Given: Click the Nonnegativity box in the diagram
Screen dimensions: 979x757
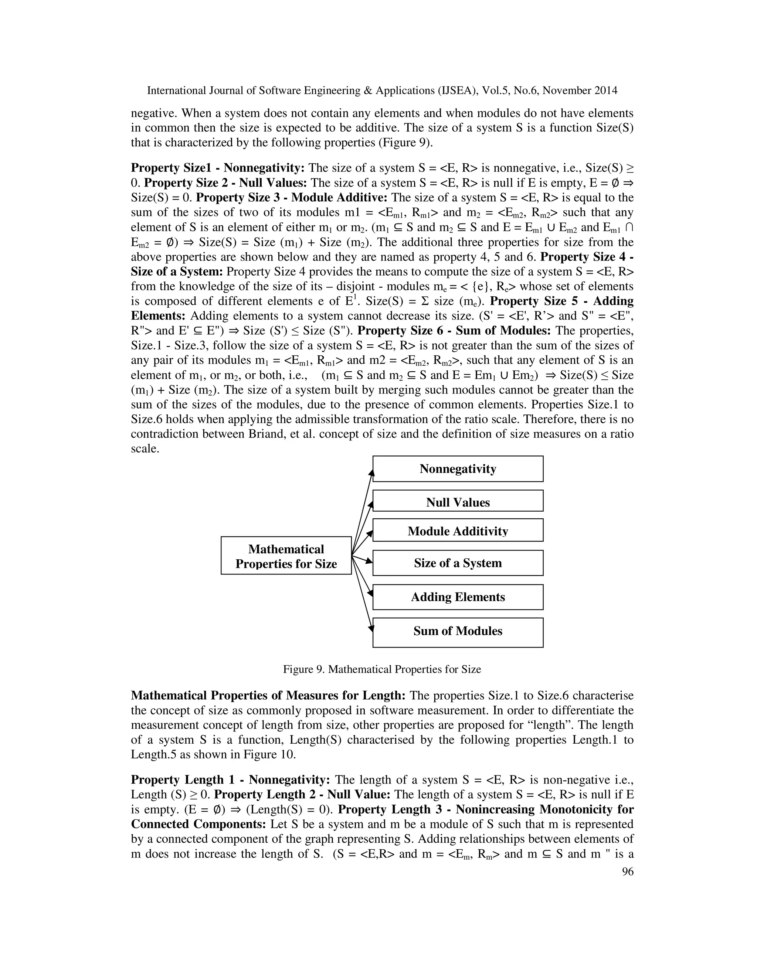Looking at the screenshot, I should [458, 469].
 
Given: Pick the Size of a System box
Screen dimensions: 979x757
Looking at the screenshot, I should [458, 563].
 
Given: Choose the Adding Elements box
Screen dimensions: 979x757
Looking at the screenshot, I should [458, 597].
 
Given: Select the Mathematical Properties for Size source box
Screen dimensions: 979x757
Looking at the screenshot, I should [286, 556].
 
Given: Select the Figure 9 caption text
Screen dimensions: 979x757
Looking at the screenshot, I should [381, 669].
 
